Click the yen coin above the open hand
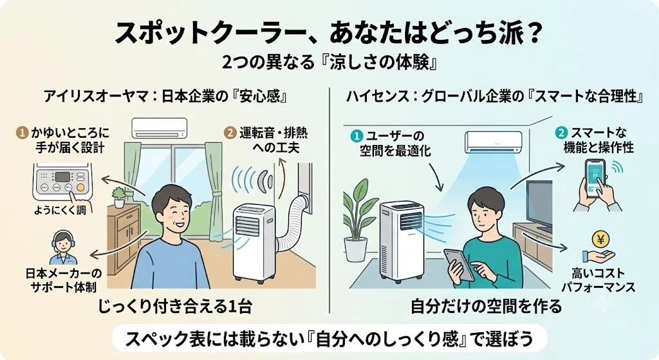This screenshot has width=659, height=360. (600, 240)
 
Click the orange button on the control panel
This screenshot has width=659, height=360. (80, 187)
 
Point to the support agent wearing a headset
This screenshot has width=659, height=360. (62, 247)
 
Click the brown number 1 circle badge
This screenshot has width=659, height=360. (22, 133)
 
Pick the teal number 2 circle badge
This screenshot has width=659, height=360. (561, 133)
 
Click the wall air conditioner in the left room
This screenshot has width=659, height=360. (160, 128)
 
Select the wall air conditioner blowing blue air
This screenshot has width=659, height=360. (492, 142)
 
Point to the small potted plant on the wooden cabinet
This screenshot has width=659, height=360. (119, 197)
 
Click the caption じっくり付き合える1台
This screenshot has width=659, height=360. (175, 306)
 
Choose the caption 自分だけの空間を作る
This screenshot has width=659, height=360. (486, 306)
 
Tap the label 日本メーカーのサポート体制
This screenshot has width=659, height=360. (64, 280)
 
